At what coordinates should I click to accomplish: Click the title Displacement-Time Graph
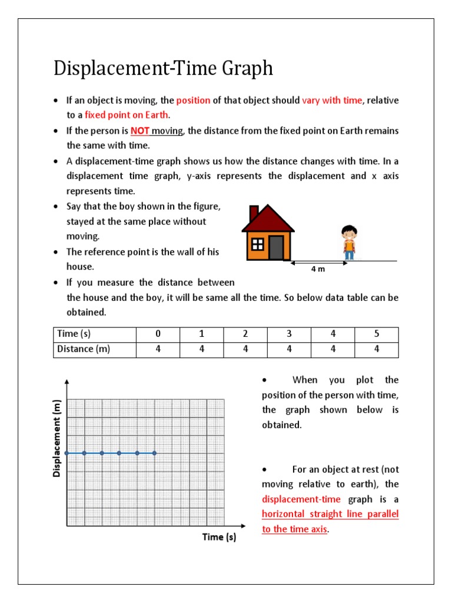click(x=163, y=69)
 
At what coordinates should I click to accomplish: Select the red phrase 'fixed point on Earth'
click(x=127, y=115)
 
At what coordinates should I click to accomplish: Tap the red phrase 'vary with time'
click(x=332, y=100)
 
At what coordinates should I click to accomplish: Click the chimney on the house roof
click(x=254, y=213)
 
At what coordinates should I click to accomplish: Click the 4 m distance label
click(x=318, y=269)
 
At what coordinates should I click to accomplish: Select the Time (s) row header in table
click(x=74, y=334)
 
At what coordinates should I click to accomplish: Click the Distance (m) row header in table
click(x=84, y=349)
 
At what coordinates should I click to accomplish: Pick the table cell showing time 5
click(x=377, y=334)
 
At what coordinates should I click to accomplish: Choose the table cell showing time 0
click(x=158, y=334)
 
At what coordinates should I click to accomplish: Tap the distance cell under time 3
click(x=289, y=349)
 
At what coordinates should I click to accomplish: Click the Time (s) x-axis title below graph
click(x=219, y=537)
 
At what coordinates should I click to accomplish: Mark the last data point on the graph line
click(x=155, y=453)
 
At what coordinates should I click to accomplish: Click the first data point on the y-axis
click(x=67, y=453)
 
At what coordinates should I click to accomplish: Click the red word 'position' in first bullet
click(x=193, y=100)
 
